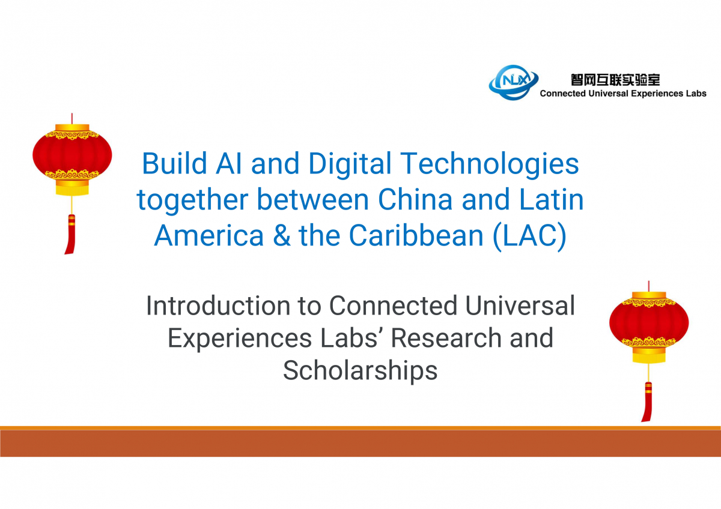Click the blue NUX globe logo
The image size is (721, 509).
[513, 83]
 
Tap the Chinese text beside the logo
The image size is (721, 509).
[615, 80]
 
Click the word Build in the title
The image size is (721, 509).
[174, 163]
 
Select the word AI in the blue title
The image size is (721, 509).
[228, 163]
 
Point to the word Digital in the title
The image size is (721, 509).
[350, 164]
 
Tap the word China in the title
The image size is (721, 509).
[415, 199]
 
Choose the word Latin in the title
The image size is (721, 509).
[552, 199]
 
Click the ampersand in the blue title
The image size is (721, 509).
[282, 235]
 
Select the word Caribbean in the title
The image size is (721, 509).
[416, 235]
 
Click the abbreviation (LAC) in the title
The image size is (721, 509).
[529, 236]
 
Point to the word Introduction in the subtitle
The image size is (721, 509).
[218, 306]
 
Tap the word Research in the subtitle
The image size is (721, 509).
[446, 338]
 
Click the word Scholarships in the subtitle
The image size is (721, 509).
[360, 371]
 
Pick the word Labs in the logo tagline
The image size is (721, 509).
[698, 93]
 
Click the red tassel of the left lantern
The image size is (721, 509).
[70, 234]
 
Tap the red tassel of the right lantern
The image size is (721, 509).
[647, 402]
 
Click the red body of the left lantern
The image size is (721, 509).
[72, 155]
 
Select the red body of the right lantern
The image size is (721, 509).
[649, 324]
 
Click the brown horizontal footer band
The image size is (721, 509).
[360, 443]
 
